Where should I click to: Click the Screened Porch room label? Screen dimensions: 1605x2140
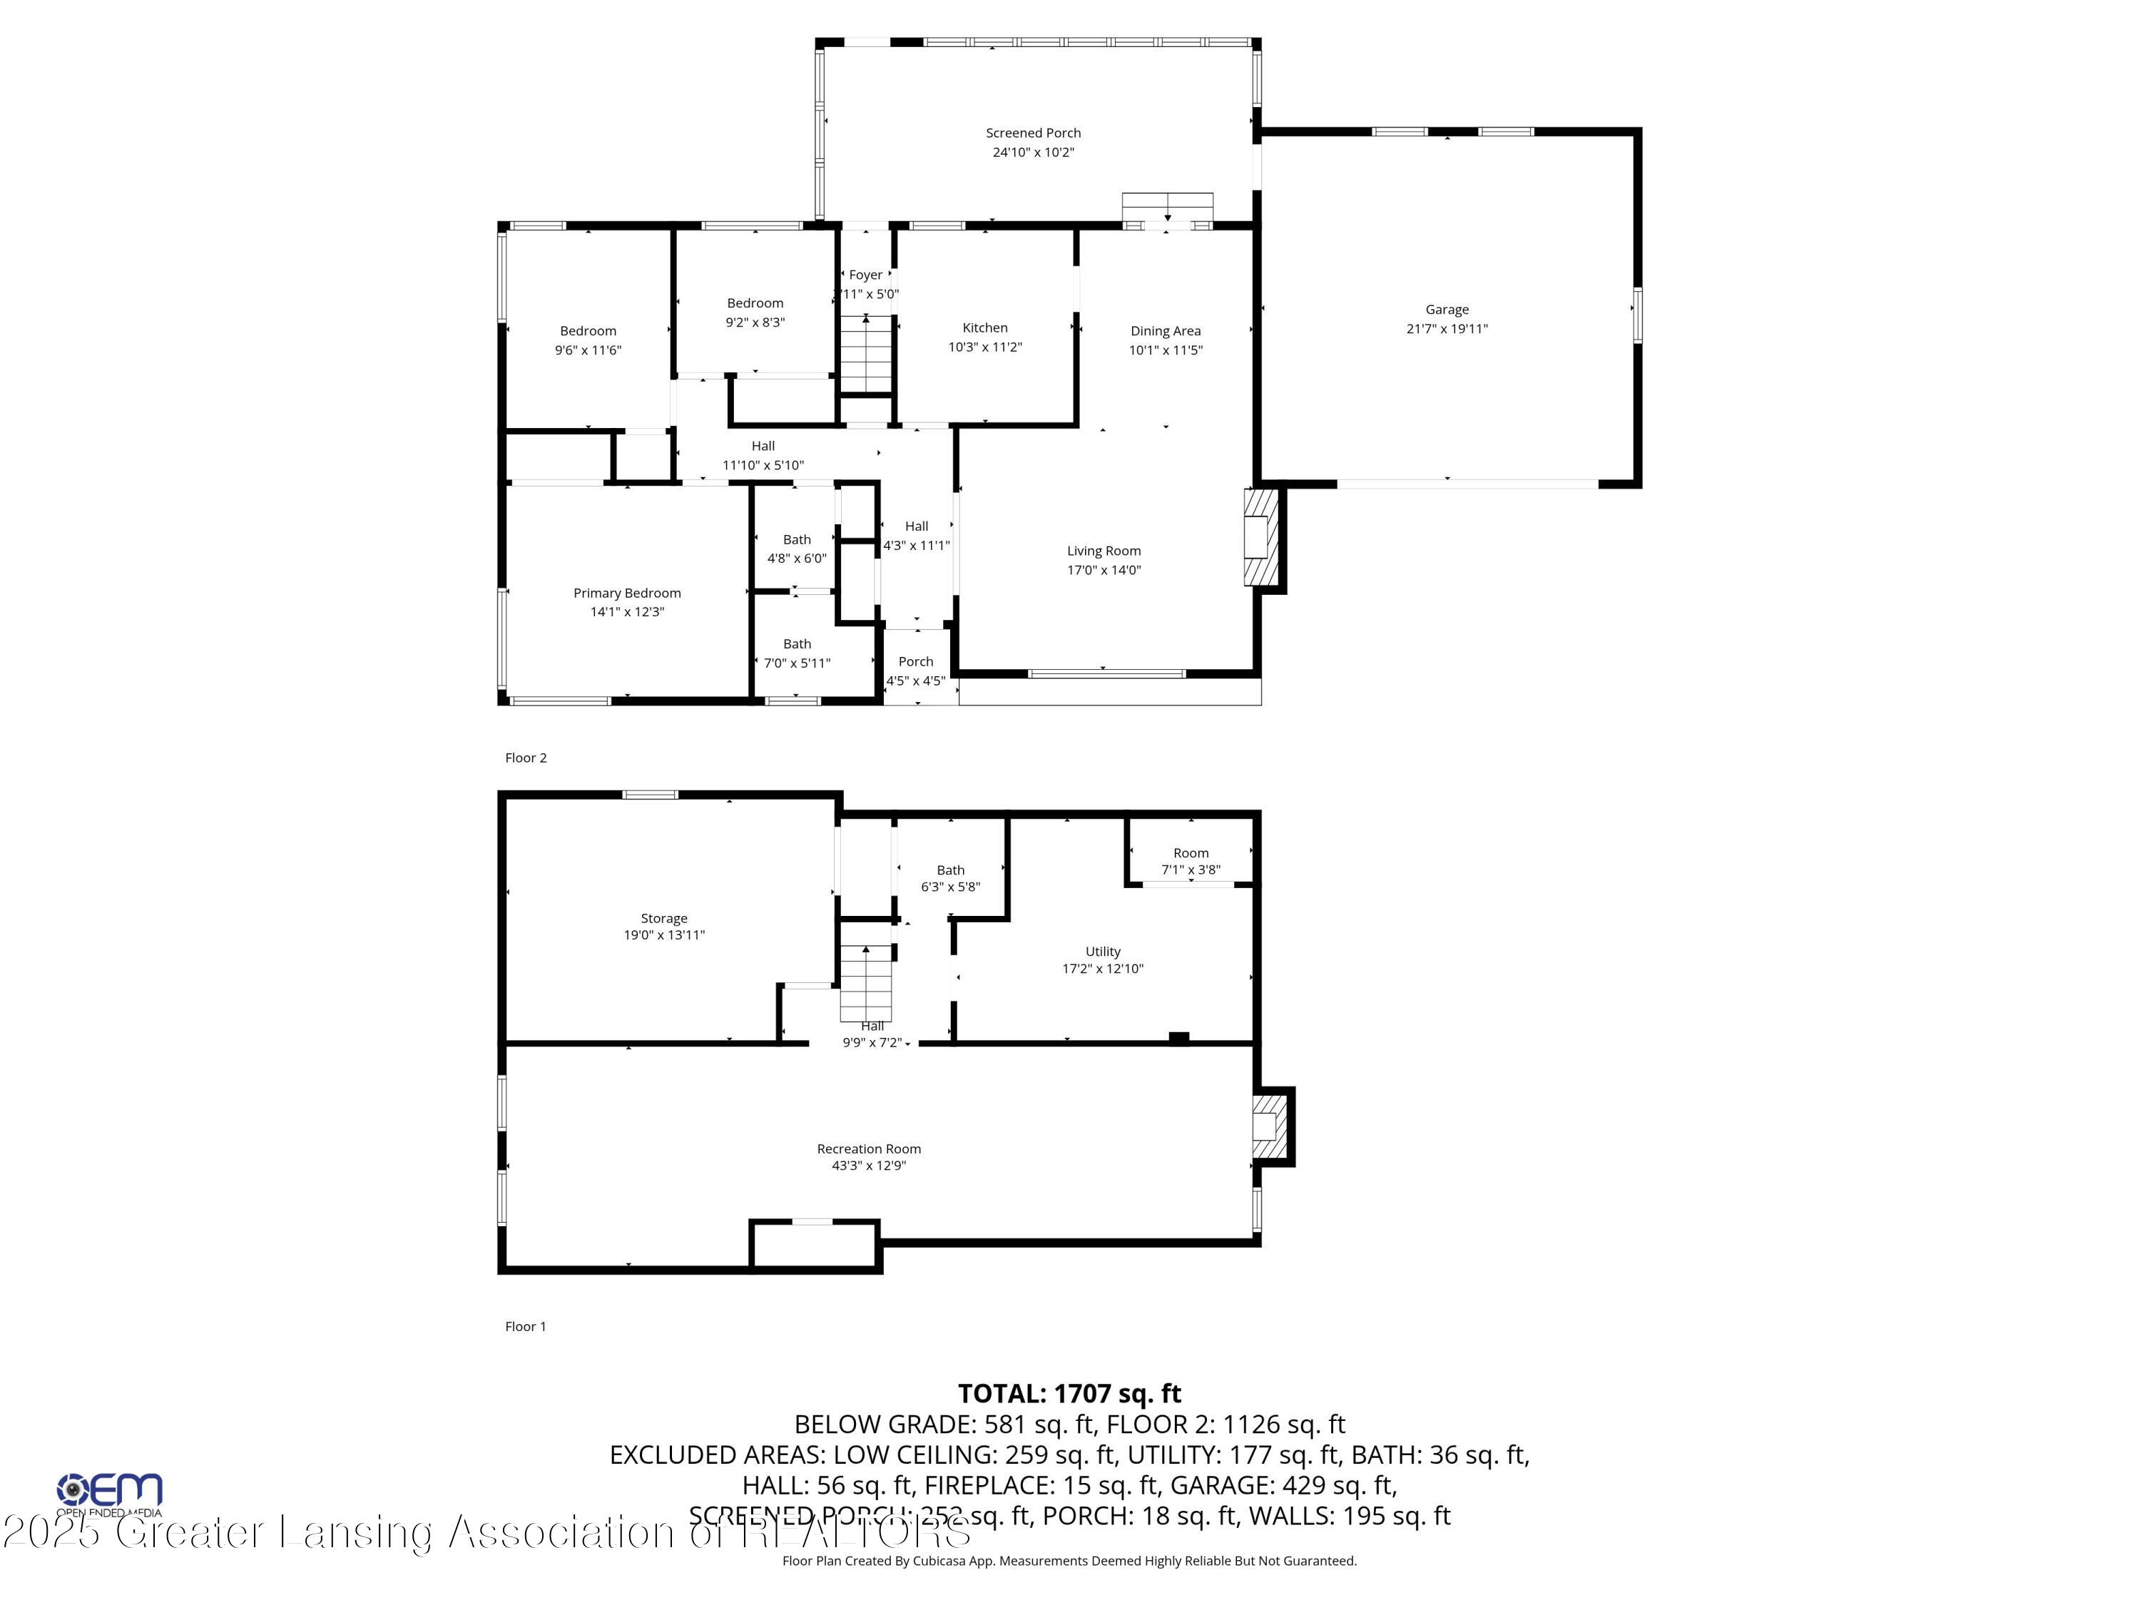click(x=1032, y=133)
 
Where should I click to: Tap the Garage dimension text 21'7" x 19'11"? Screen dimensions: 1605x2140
click(x=1447, y=329)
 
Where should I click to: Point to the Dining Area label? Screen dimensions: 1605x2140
click(x=1165, y=331)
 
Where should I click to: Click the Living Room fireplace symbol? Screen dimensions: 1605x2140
click(x=1260, y=537)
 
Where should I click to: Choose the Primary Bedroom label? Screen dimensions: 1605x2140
click(x=627, y=593)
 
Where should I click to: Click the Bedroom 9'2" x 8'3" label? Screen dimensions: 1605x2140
click(x=755, y=304)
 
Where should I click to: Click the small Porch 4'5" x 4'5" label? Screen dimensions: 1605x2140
click(x=915, y=663)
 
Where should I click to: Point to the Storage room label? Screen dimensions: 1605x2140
click(x=663, y=918)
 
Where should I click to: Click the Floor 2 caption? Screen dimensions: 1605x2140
click(x=525, y=758)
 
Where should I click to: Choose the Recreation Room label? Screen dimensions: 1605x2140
click(x=868, y=1149)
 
